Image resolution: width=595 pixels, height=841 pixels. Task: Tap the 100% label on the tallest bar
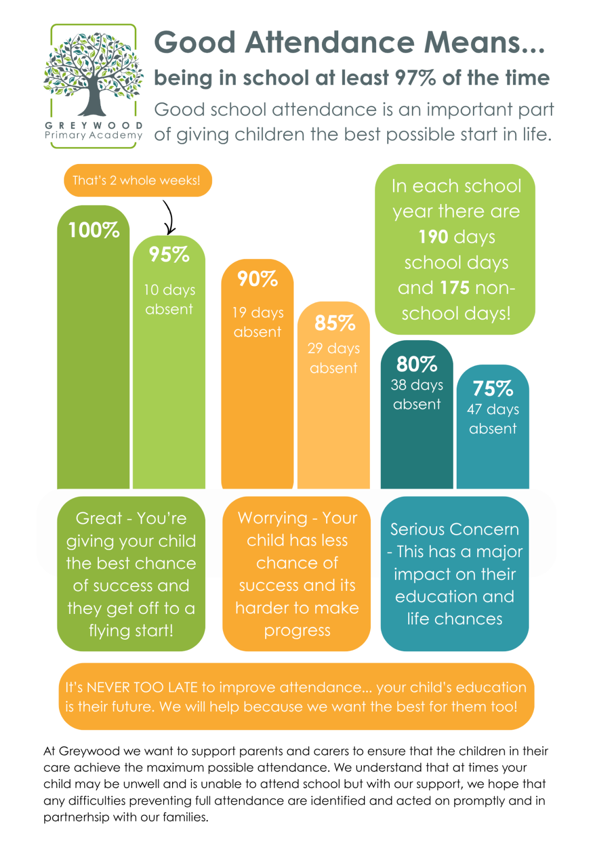click(94, 230)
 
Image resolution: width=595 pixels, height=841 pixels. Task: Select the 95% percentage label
click(169, 254)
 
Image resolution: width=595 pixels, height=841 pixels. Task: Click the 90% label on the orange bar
click(257, 279)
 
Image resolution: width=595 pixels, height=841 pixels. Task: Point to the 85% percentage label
click(335, 323)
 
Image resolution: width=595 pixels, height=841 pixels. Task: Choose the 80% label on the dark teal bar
click(417, 364)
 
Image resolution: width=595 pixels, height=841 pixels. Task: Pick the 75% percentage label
click(493, 388)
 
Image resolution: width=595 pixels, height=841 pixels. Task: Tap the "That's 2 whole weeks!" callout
click(138, 180)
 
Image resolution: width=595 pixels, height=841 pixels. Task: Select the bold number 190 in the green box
click(433, 237)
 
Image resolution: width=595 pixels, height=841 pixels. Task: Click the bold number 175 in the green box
click(455, 288)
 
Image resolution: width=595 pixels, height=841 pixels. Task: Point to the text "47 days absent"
click(493, 419)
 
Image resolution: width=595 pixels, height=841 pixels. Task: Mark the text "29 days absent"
click(334, 358)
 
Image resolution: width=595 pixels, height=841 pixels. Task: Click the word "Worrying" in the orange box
click(273, 518)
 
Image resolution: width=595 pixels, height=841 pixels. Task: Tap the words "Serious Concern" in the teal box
click(455, 529)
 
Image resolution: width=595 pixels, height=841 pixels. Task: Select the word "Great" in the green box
click(99, 518)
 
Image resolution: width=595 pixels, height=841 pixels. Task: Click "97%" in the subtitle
click(415, 78)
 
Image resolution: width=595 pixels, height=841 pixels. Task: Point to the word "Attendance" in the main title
click(330, 42)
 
